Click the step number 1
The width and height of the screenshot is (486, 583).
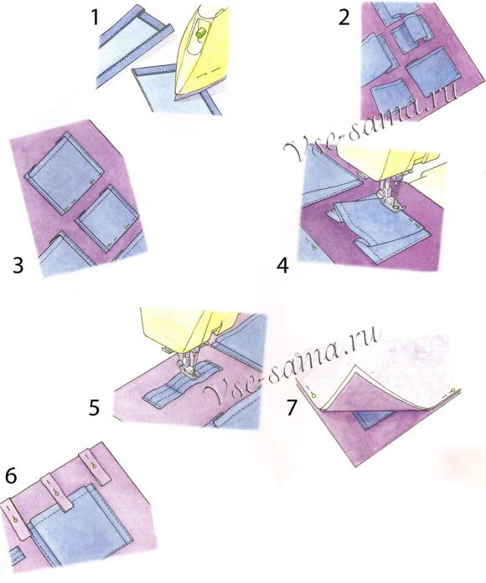[x=95, y=18]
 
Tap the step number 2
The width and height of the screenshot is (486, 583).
[x=344, y=18]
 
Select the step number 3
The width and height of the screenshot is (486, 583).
[x=18, y=266]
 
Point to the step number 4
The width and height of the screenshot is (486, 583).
[x=283, y=266]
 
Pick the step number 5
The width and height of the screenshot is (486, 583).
[x=94, y=407]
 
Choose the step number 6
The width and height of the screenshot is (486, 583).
[x=11, y=476]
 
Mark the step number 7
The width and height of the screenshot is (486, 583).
[x=292, y=407]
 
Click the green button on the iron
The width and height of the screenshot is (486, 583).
[x=201, y=33]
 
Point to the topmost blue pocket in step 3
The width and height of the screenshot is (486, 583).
[x=64, y=174]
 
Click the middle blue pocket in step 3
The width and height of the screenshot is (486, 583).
[x=107, y=218]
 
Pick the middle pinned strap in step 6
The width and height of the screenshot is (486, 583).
[x=57, y=493]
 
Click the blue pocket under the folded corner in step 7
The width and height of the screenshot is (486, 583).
[x=376, y=420]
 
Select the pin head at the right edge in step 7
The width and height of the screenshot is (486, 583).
[x=452, y=391]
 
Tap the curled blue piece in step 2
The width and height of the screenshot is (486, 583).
[x=416, y=30]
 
